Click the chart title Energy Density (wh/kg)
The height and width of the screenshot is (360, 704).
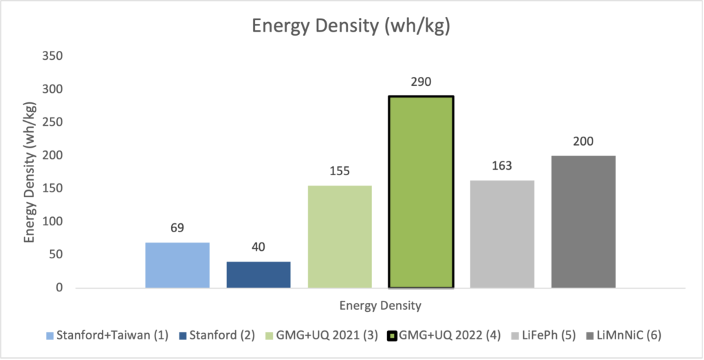(351, 25)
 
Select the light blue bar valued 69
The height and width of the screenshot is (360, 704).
(177, 265)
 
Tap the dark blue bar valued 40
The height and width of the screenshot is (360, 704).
(258, 275)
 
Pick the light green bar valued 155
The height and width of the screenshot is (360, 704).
(340, 236)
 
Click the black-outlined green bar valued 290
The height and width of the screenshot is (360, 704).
(421, 192)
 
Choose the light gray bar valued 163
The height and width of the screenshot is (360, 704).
(503, 234)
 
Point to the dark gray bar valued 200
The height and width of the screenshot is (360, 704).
(584, 222)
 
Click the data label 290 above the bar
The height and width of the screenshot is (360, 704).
(421, 82)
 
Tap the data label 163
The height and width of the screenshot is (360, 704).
(502, 166)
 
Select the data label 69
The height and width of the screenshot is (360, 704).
(177, 228)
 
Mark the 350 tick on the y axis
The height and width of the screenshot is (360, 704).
(52, 56)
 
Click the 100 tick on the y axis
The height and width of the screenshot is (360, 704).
(52, 222)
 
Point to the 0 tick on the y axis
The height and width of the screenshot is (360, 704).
(59, 288)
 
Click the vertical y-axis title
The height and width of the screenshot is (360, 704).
(30, 172)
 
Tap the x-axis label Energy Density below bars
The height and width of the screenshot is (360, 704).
(380, 306)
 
